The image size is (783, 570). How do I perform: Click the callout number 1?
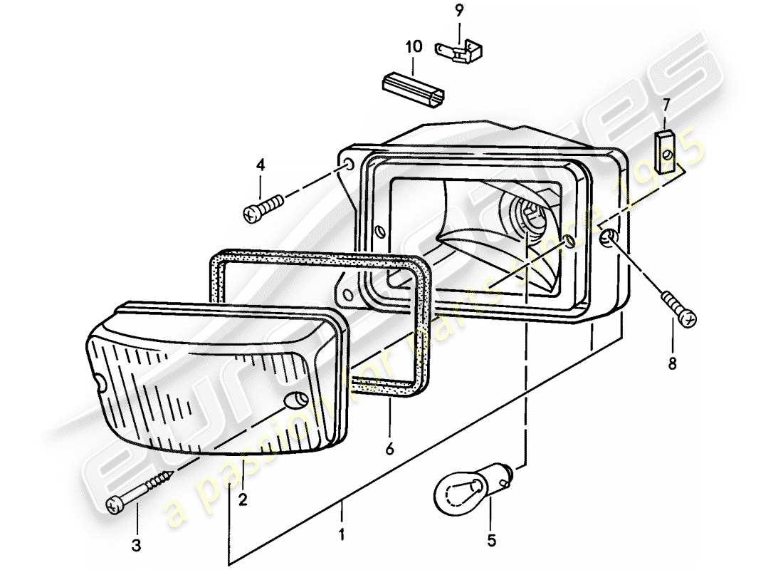[x=342, y=533]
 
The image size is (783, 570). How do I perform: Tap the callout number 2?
[x=243, y=500]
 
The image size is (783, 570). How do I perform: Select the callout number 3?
[x=137, y=546]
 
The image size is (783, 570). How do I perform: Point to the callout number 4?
[x=261, y=165]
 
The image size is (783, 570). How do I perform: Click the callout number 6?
[x=389, y=452]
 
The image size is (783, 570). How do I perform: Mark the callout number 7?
[x=666, y=105]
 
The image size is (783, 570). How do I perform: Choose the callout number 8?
[x=673, y=364]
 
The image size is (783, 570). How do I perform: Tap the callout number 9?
[x=459, y=11]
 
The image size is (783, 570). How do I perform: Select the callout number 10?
[x=414, y=47]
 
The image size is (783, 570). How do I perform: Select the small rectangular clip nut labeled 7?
[x=665, y=146]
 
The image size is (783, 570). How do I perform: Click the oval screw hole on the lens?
[x=292, y=402]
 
